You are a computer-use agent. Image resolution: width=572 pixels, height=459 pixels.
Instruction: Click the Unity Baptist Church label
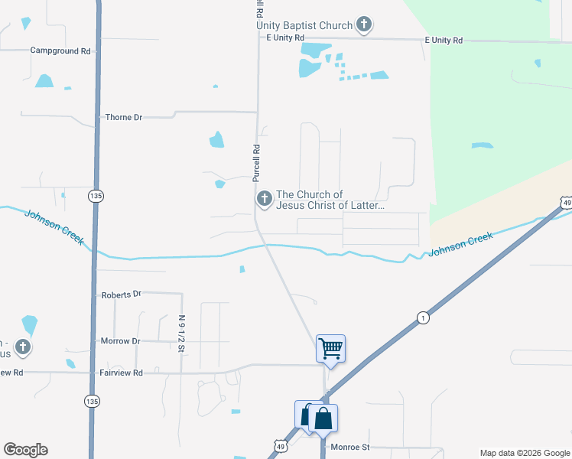click(304, 25)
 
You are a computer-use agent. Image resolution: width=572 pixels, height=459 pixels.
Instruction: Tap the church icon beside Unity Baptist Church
click(364, 24)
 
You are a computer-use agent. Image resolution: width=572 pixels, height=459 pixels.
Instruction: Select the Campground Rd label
click(60, 50)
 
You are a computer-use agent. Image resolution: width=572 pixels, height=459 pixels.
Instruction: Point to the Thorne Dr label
click(123, 117)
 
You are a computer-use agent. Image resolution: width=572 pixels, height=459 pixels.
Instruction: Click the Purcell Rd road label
click(257, 163)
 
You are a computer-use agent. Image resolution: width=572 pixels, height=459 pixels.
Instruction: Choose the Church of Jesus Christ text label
click(330, 200)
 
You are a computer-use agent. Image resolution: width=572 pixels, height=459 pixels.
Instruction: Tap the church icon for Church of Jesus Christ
click(264, 200)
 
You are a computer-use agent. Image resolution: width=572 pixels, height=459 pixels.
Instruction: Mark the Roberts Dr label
click(122, 294)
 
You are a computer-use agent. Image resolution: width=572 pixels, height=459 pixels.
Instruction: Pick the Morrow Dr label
click(121, 340)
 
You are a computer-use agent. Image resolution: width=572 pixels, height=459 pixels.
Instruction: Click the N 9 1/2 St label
click(182, 334)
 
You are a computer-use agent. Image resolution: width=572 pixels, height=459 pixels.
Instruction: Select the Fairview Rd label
click(122, 373)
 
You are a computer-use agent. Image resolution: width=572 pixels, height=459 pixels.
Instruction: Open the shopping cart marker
click(330, 348)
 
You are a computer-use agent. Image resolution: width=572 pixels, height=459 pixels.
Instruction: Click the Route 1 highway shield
click(421, 317)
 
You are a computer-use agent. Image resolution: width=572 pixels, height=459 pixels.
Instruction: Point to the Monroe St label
click(349, 447)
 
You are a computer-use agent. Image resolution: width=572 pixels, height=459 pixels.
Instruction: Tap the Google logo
click(25, 450)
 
